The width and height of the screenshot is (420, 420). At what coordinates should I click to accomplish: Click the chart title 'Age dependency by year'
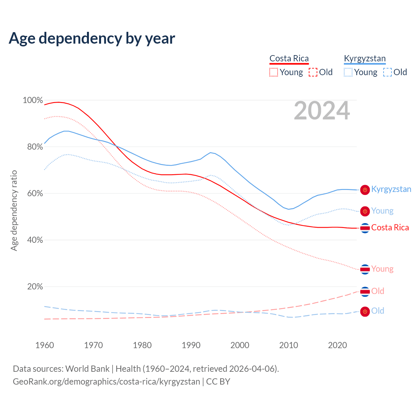92,38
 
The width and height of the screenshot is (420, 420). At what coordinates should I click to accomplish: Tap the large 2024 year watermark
322,111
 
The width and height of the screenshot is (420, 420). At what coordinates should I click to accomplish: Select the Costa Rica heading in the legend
289,58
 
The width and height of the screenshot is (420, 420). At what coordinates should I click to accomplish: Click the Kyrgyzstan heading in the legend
365,58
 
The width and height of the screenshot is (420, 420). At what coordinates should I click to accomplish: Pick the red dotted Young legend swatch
273,72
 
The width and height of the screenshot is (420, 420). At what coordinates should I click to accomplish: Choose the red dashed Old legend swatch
313,72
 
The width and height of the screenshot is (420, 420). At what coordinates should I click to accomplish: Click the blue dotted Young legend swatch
348,72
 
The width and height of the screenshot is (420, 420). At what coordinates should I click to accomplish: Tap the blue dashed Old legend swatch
388,72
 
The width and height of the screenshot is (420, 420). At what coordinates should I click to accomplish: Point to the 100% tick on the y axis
33,100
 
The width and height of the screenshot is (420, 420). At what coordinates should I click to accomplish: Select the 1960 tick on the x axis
45,345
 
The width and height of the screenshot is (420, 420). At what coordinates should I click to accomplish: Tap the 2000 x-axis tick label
240,345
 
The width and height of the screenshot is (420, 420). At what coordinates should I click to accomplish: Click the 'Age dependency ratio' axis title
14,210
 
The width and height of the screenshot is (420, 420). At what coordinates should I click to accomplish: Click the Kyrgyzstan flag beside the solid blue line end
365,190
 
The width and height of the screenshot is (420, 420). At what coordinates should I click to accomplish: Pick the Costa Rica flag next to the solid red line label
365,228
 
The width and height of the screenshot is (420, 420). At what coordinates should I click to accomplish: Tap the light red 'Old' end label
378,291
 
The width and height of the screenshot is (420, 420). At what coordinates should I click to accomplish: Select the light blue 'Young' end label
382,211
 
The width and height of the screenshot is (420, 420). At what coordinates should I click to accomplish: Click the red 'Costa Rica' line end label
390,228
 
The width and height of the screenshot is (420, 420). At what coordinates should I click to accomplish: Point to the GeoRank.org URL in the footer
106,382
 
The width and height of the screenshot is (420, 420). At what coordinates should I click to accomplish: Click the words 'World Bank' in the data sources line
87,368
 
